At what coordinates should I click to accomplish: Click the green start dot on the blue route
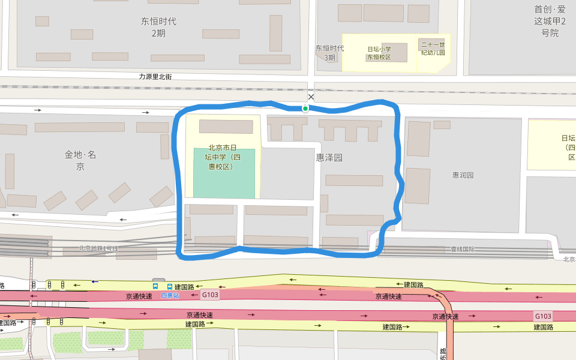[305, 109]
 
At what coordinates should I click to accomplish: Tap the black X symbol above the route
[311, 97]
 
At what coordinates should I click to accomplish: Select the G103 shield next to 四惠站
[210, 295]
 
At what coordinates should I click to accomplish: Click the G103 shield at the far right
[542, 316]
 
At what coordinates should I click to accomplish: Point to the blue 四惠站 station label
[170, 295]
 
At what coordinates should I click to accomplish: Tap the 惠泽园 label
[329, 158]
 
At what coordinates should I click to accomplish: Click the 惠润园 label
[463, 175]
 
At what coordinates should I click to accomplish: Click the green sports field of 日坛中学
[224, 180]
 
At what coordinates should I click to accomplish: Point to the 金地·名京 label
[80, 160]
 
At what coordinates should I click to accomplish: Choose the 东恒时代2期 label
[158, 27]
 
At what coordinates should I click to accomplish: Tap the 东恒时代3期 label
[330, 53]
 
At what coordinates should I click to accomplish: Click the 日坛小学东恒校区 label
[379, 53]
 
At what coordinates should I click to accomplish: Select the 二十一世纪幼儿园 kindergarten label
[433, 49]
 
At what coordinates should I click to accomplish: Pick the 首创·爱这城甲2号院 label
[550, 21]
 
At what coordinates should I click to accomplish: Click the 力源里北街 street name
[155, 77]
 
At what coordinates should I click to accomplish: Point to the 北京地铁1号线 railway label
[98, 248]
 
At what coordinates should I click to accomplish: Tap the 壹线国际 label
[463, 249]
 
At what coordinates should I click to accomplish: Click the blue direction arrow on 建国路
[95, 281]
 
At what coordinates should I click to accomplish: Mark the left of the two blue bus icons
[156, 287]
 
